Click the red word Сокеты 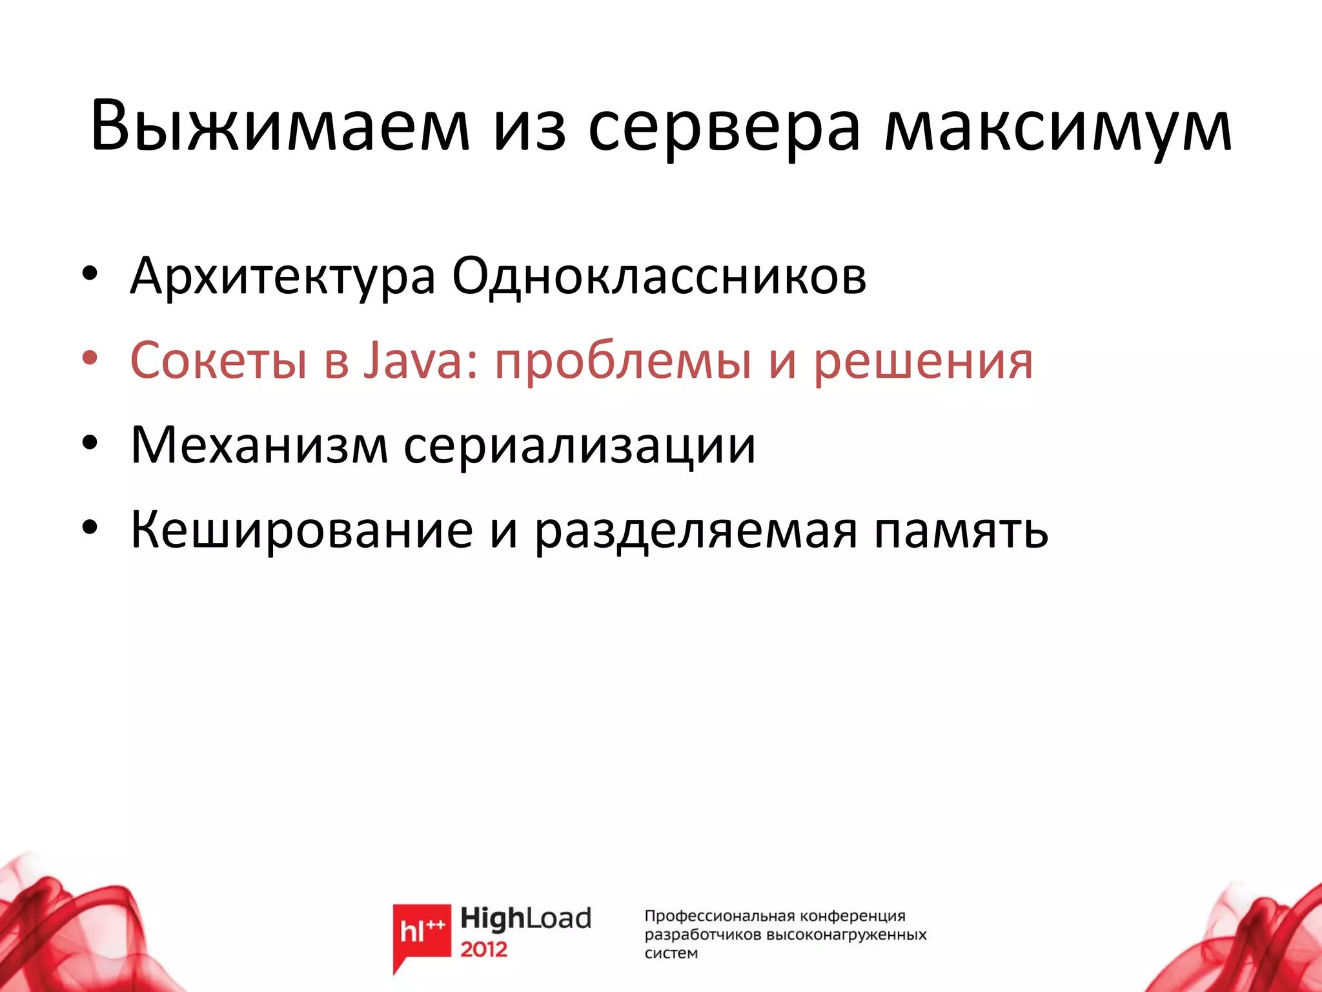click(218, 360)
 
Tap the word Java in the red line click(413, 360)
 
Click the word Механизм click(259, 446)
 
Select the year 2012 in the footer click(483, 949)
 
